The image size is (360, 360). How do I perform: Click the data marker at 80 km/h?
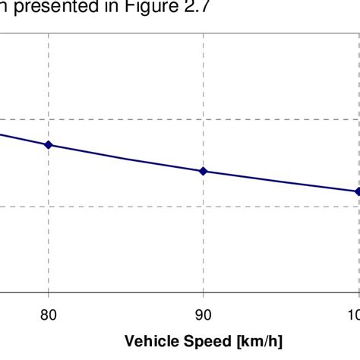point(49,144)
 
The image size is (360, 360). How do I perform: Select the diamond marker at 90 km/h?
point(203,171)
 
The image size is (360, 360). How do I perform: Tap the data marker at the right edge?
point(357,191)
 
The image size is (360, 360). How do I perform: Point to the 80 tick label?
point(49,311)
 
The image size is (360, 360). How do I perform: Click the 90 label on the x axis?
point(203,311)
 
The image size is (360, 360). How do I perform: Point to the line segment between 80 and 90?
point(125,158)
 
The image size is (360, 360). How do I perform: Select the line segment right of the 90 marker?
point(281,182)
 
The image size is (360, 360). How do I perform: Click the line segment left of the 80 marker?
point(23,139)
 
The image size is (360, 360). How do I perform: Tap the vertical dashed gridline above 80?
point(49,76)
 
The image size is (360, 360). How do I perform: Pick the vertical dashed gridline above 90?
point(203,76)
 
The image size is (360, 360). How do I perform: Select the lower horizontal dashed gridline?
point(152,205)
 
